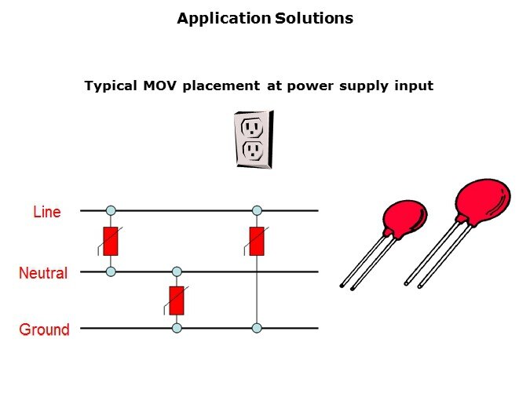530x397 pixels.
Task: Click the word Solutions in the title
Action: click(314, 18)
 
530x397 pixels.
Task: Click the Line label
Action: click(46, 211)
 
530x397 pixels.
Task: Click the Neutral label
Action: click(43, 273)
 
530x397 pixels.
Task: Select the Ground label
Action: click(44, 330)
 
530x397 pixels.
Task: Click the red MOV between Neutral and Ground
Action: click(177, 300)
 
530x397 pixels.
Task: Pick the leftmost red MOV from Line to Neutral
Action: click(111, 241)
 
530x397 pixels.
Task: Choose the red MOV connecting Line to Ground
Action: click(256, 241)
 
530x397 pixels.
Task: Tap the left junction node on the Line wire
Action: click(111, 210)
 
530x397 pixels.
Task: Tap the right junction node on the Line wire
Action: click(256, 210)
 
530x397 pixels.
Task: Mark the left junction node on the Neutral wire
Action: click(111, 271)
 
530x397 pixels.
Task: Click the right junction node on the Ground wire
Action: click(256, 328)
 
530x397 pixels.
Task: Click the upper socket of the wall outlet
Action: click(252, 126)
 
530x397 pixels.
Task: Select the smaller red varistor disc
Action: click(404, 219)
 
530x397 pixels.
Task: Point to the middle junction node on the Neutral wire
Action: click(177, 271)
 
